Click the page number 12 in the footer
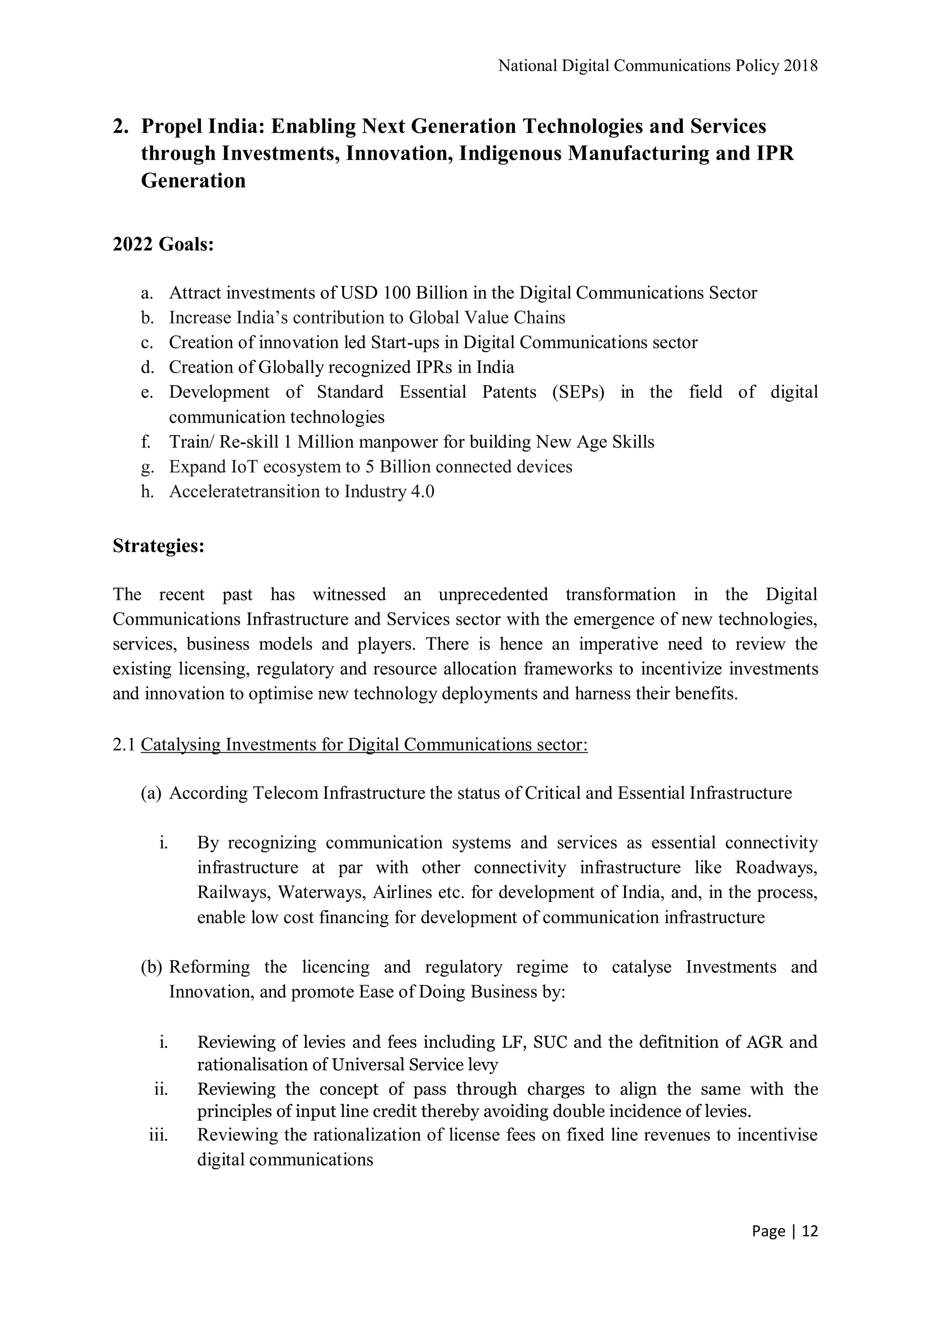tap(809, 1232)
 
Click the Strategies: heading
tap(158, 546)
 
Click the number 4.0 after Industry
tap(423, 491)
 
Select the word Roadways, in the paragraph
tap(776, 867)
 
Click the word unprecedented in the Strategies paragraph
tap(493, 594)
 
